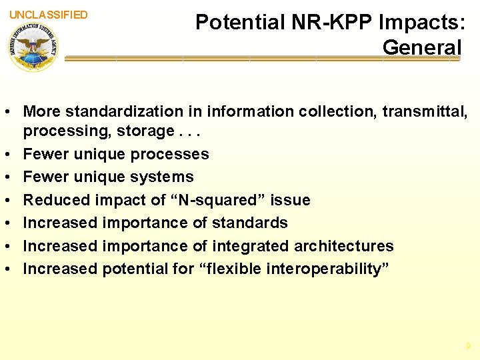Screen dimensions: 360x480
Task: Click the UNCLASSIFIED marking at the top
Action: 49,15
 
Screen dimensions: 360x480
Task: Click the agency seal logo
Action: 33,46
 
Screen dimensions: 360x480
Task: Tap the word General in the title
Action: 421,47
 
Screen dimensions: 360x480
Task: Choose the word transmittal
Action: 424,111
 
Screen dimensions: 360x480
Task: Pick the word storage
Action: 149,131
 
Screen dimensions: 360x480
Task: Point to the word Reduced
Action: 55,200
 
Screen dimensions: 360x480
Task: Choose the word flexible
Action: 229,269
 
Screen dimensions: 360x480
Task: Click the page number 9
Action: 468,346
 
